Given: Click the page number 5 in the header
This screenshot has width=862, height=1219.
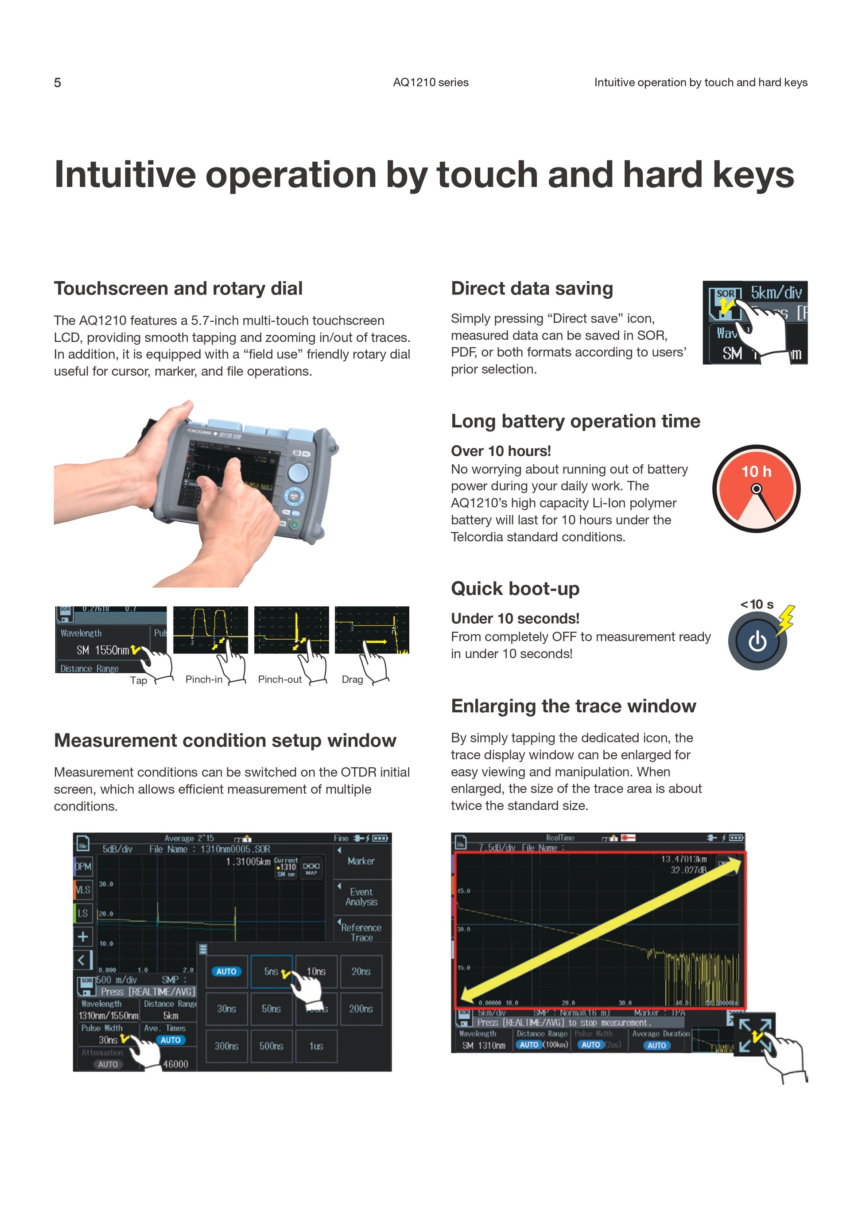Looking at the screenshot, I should [57, 83].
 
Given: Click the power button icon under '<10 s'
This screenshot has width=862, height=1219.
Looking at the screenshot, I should [757, 641].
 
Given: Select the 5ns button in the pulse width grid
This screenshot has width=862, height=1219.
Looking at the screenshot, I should [271, 971].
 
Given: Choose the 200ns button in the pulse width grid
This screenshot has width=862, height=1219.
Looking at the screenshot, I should [361, 1009].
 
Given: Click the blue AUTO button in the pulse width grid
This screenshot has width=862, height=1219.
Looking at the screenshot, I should [226, 971].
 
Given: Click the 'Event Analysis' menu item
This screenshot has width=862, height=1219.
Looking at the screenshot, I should [361, 897].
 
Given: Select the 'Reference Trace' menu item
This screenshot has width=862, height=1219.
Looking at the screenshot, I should [361, 932].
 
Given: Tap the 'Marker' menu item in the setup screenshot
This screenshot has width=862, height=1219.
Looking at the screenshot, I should [361, 861].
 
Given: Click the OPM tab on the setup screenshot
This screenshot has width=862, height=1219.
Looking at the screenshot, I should [83, 866].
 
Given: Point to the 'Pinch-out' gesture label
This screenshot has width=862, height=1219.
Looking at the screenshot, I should [280, 679].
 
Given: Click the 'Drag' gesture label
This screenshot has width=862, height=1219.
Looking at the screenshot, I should [352, 679].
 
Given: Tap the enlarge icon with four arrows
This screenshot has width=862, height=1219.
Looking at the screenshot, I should [755, 1034].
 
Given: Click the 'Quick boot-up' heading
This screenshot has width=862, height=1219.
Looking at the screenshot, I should [515, 589].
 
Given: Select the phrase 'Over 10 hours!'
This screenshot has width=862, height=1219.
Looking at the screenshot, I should [501, 451].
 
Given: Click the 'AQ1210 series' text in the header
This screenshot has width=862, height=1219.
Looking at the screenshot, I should [431, 83].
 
